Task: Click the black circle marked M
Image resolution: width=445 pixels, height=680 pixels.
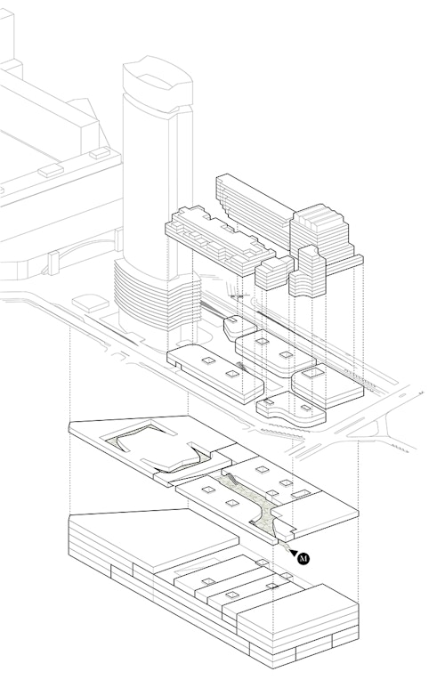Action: (x=303, y=559)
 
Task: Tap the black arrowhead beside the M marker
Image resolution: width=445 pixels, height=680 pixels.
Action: (x=294, y=553)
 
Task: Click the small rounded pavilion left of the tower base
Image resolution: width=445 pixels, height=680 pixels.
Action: (x=90, y=303)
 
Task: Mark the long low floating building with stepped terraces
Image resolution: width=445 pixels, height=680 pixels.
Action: (x=220, y=239)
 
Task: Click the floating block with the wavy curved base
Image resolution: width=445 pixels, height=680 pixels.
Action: (x=308, y=272)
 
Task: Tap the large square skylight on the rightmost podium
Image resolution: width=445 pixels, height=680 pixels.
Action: (x=312, y=373)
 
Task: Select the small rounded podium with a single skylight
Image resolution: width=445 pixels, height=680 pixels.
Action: (x=239, y=328)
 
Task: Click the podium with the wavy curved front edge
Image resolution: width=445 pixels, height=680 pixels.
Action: (x=291, y=409)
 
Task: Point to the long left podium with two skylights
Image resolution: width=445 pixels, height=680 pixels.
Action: (x=215, y=373)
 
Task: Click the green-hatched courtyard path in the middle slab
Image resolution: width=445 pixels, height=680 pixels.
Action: (x=252, y=503)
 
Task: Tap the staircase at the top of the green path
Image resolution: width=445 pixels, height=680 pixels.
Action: (x=231, y=479)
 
